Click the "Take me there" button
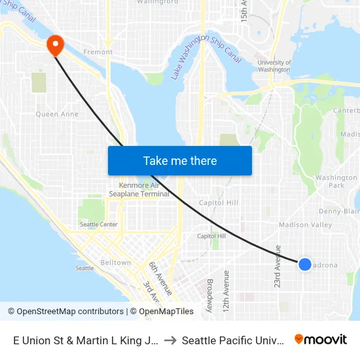(180, 160)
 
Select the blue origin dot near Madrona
(305, 264)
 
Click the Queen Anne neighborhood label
(57, 114)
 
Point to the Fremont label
(98, 52)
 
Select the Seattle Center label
(99, 225)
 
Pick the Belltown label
(116, 262)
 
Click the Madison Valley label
(305, 225)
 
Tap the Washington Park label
(336, 181)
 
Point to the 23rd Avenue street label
(278, 266)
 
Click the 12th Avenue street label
(226, 290)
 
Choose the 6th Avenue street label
(154, 274)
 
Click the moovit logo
(321, 339)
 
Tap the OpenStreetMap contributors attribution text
(65, 312)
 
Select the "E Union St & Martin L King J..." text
(83, 340)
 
